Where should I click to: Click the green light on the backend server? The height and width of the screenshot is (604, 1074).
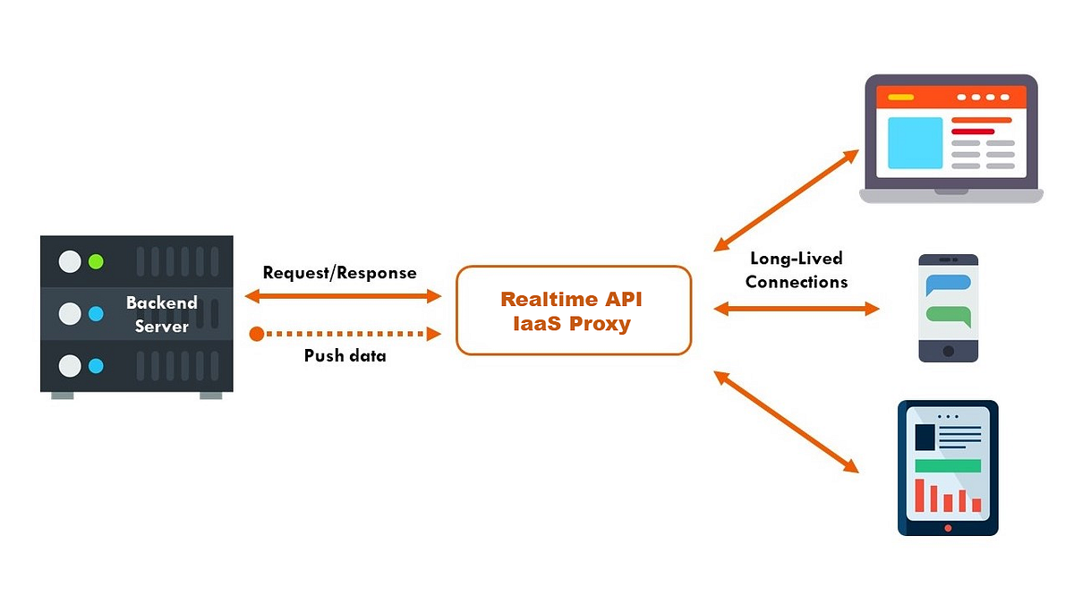click(x=96, y=262)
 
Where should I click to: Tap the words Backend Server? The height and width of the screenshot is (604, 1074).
click(x=161, y=314)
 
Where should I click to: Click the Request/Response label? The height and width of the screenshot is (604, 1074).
click(x=339, y=272)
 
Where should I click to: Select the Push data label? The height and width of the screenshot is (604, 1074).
click(x=345, y=355)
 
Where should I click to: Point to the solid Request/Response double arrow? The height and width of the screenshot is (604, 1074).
click(x=343, y=295)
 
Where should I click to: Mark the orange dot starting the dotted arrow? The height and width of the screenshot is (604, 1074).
click(x=257, y=334)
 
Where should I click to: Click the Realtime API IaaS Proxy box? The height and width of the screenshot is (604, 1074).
click(x=573, y=311)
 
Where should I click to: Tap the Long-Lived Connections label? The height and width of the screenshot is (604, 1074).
click(x=796, y=270)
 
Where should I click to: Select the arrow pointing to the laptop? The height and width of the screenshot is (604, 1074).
click(x=787, y=201)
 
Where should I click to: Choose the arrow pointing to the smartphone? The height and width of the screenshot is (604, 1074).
click(x=797, y=309)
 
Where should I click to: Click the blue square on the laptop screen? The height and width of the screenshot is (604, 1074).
click(x=915, y=142)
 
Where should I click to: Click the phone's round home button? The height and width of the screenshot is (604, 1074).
click(x=949, y=350)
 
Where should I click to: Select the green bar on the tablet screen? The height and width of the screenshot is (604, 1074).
click(x=948, y=465)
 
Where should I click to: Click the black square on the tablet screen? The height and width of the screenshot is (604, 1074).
click(x=925, y=438)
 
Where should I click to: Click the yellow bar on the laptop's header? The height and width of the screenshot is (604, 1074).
click(x=900, y=97)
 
